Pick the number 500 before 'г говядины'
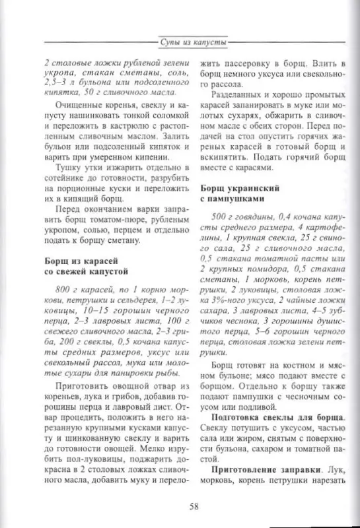click(221, 217)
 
